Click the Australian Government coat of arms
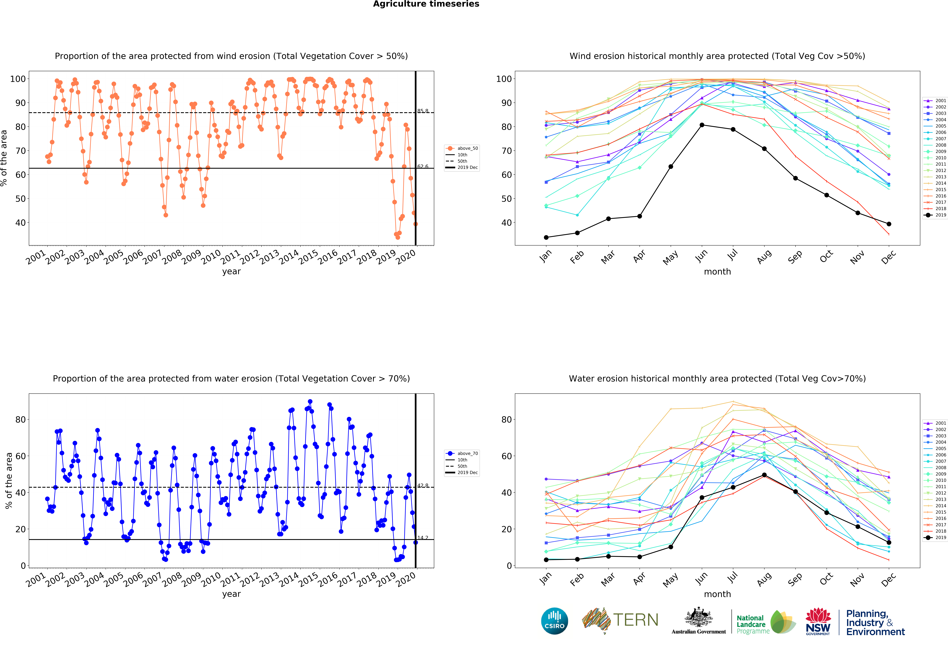699,617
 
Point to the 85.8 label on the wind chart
423,111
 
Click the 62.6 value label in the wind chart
423,166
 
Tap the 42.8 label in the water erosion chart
423,485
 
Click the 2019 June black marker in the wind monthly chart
702,125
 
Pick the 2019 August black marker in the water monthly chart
764,475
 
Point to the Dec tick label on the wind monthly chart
888,257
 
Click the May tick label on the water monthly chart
670,580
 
